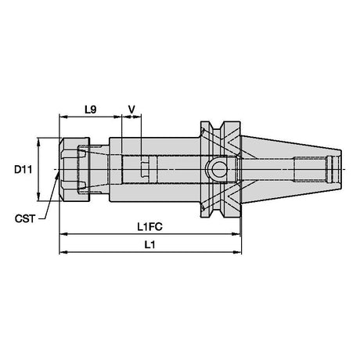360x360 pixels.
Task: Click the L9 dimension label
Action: click(x=91, y=110)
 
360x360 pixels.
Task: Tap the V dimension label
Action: click(x=132, y=110)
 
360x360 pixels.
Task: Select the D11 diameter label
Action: click(x=23, y=170)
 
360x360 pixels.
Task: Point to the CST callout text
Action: click(x=25, y=218)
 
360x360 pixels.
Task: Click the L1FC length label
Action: click(x=149, y=227)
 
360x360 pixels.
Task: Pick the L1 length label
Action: click(x=149, y=245)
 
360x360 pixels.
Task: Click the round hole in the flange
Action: click(x=218, y=170)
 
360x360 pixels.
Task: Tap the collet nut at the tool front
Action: click(x=74, y=169)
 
